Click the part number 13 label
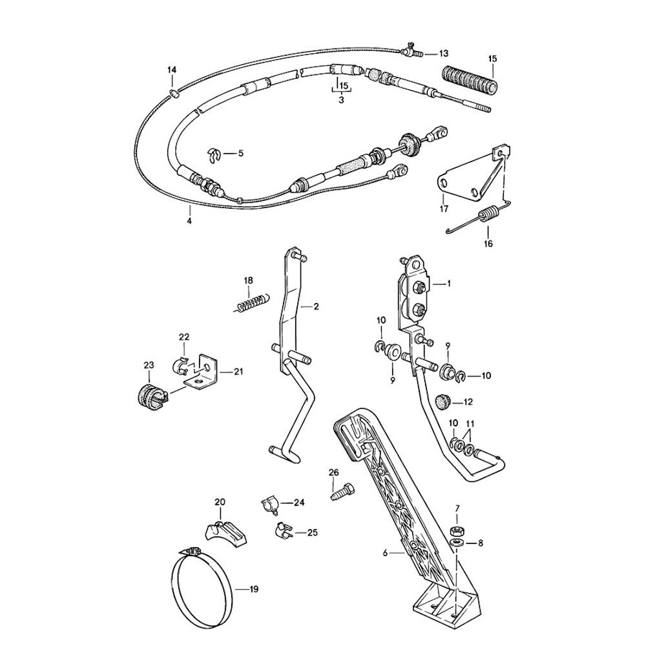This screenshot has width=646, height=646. click(443, 54)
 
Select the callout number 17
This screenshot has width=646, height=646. click(444, 209)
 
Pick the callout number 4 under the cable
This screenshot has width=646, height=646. click(189, 221)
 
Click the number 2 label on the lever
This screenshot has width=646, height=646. click(316, 306)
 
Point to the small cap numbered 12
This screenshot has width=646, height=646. click(444, 402)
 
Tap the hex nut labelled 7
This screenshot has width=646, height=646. click(457, 530)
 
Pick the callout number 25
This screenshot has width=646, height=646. click(312, 532)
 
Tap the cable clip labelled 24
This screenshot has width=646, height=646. click(269, 505)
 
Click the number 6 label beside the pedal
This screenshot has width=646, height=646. click(385, 553)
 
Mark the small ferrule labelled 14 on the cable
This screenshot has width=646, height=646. click(173, 94)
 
